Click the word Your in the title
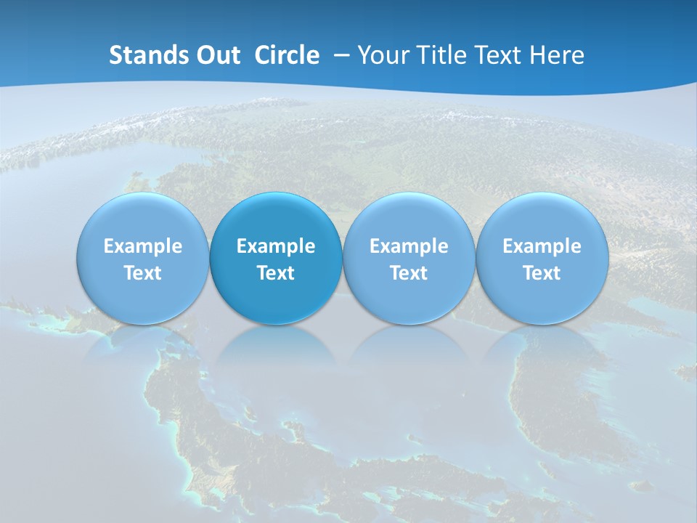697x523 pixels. point(380,55)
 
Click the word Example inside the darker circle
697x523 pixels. point(276,246)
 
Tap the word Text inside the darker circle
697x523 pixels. point(276,273)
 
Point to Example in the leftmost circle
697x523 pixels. point(142,246)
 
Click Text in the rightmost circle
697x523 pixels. point(542,273)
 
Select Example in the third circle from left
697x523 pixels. point(409,246)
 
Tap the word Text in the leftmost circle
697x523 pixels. point(142,273)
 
